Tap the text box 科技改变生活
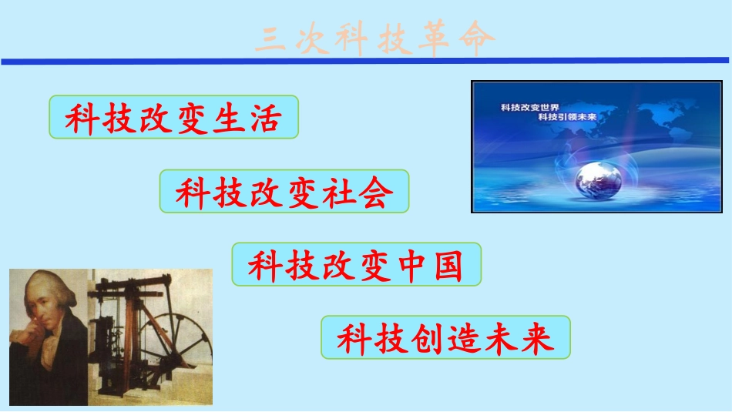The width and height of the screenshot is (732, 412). [173, 117]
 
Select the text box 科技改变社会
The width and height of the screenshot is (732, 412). [284, 192]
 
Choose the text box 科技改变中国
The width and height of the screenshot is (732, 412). [356, 264]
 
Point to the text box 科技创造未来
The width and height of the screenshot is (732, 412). [445, 337]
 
